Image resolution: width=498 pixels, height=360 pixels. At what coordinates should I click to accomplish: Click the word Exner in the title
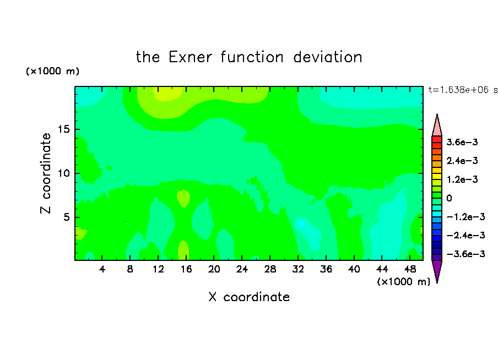click(190, 57)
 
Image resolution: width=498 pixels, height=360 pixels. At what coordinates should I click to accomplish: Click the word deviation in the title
click(327, 57)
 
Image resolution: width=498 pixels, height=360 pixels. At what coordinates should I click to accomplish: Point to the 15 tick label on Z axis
click(63, 129)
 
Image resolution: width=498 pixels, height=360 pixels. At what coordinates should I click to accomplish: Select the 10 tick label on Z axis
click(63, 173)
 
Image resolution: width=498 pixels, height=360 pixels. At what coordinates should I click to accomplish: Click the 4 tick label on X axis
click(102, 269)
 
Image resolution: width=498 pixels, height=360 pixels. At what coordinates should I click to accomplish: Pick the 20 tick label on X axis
click(214, 269)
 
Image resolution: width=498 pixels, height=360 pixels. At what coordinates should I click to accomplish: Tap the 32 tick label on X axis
click(298, 269)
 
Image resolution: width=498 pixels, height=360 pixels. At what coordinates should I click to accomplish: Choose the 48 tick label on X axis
click(410, 269)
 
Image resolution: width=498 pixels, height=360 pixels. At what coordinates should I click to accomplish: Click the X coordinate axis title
click(249, 297)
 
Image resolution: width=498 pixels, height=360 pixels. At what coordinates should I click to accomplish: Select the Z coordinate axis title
click(46, 173)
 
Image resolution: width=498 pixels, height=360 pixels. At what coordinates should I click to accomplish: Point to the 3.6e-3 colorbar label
click(462, 142)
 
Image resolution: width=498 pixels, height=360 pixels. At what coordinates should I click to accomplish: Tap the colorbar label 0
click(449, 198)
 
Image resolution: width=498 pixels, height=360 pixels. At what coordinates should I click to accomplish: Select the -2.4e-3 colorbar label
click(465, 235)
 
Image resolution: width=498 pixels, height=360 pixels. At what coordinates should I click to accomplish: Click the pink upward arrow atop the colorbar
click(437, 126)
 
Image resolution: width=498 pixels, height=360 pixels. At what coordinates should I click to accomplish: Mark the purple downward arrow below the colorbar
click(437, 271)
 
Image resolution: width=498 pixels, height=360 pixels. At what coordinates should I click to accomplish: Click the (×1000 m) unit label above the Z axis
click(52, 71)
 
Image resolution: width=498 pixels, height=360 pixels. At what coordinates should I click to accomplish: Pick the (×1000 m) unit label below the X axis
click(403, 282)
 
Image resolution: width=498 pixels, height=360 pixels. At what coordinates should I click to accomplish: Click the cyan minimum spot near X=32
click(300, 223)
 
